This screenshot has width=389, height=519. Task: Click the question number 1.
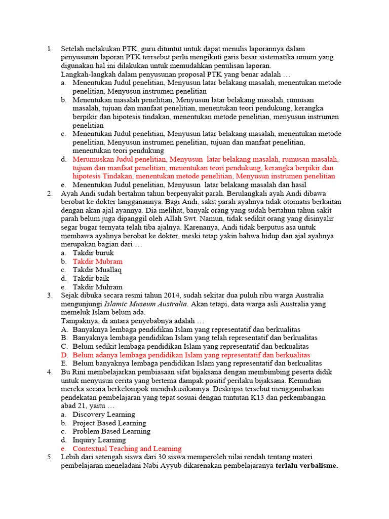tap(49, 49)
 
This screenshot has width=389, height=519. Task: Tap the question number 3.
tap(49, 295)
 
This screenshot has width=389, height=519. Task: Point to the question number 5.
tap(49, 457)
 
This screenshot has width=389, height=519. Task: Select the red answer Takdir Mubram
tap(97, 262)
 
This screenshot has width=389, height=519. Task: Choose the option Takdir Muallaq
tap(97, 270)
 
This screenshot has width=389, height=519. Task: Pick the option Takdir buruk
tap(93, 253)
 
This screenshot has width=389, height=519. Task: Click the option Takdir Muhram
tap(97, 287)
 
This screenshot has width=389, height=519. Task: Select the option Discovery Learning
tap(104, 415)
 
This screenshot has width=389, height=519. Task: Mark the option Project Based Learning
tap(109, 423)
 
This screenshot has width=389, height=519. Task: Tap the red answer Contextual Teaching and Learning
tap(127, 449)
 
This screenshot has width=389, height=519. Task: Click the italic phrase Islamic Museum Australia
tap(146, 304)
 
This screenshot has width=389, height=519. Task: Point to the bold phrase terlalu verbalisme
tap(306, 466)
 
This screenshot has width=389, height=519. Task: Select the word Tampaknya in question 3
tap(77, 321)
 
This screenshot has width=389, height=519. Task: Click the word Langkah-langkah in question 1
tap(87, 74)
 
